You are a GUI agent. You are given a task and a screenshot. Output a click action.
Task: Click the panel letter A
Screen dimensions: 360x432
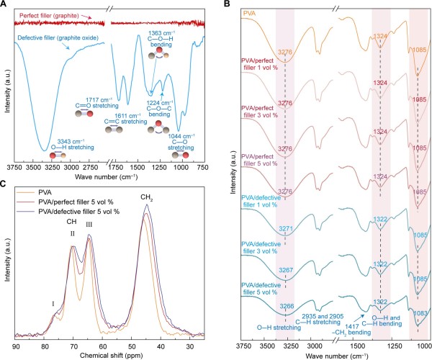tap(5, 5)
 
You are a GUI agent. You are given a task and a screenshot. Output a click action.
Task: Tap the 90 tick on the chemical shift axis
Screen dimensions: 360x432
tap(16, 347)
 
